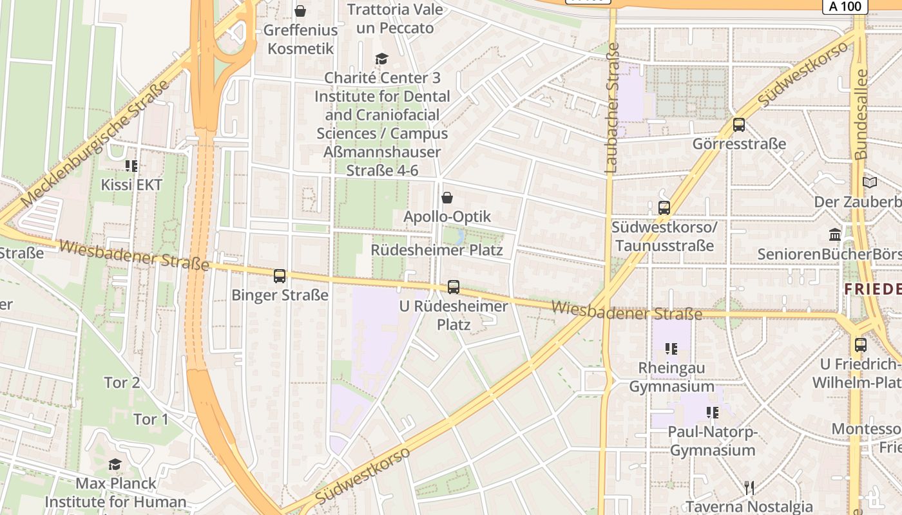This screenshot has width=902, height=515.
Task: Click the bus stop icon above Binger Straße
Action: pyautogui.click(x=280, y=276)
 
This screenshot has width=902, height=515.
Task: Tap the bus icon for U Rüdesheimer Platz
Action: pyautogui.click(x=454, y=287)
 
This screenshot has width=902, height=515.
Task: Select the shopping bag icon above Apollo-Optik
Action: pyautogui.click(x=447, y=198)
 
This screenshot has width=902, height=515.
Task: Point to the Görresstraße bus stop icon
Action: pyautogui.click(x=739, y=125)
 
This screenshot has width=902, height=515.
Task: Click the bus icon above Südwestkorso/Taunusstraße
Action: pyautogui.click(x=664, y=208)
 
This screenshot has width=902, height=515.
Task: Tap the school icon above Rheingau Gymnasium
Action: pyautogui.click(x=671, y=349)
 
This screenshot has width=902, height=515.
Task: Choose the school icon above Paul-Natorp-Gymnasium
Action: pyautogui.click(x=712, y=412)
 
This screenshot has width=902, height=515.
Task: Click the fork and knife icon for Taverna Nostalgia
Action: pyautogui.click(x=749, y=488)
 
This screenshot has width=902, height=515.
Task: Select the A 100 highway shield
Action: pyautogui.click(x=845, y=6)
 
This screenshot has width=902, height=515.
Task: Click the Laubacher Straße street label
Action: pyautogui.click(x=611, y=108)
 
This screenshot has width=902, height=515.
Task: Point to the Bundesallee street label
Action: pyautogui.click(x=861, y=115)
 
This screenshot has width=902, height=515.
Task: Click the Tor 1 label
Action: pyautogui.click(x=150, y=419)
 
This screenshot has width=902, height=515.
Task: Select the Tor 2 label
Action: pyautogui.click(x=122, y=382)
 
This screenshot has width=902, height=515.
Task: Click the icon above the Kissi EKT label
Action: pyautogui.click(x=131, y=166)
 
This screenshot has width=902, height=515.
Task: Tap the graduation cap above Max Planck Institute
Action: pyautogui.click(x=115, y=464)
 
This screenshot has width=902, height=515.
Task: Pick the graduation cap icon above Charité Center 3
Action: pyautogui.click(x=382, y=59)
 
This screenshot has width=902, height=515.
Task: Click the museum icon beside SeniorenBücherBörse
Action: pyautogui.click(x=835, y=234)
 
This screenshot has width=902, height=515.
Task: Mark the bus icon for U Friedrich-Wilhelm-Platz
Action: pyautogui.click(x=861, y=345)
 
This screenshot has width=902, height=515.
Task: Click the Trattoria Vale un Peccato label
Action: pyautogui.click(x=395, y=19)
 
